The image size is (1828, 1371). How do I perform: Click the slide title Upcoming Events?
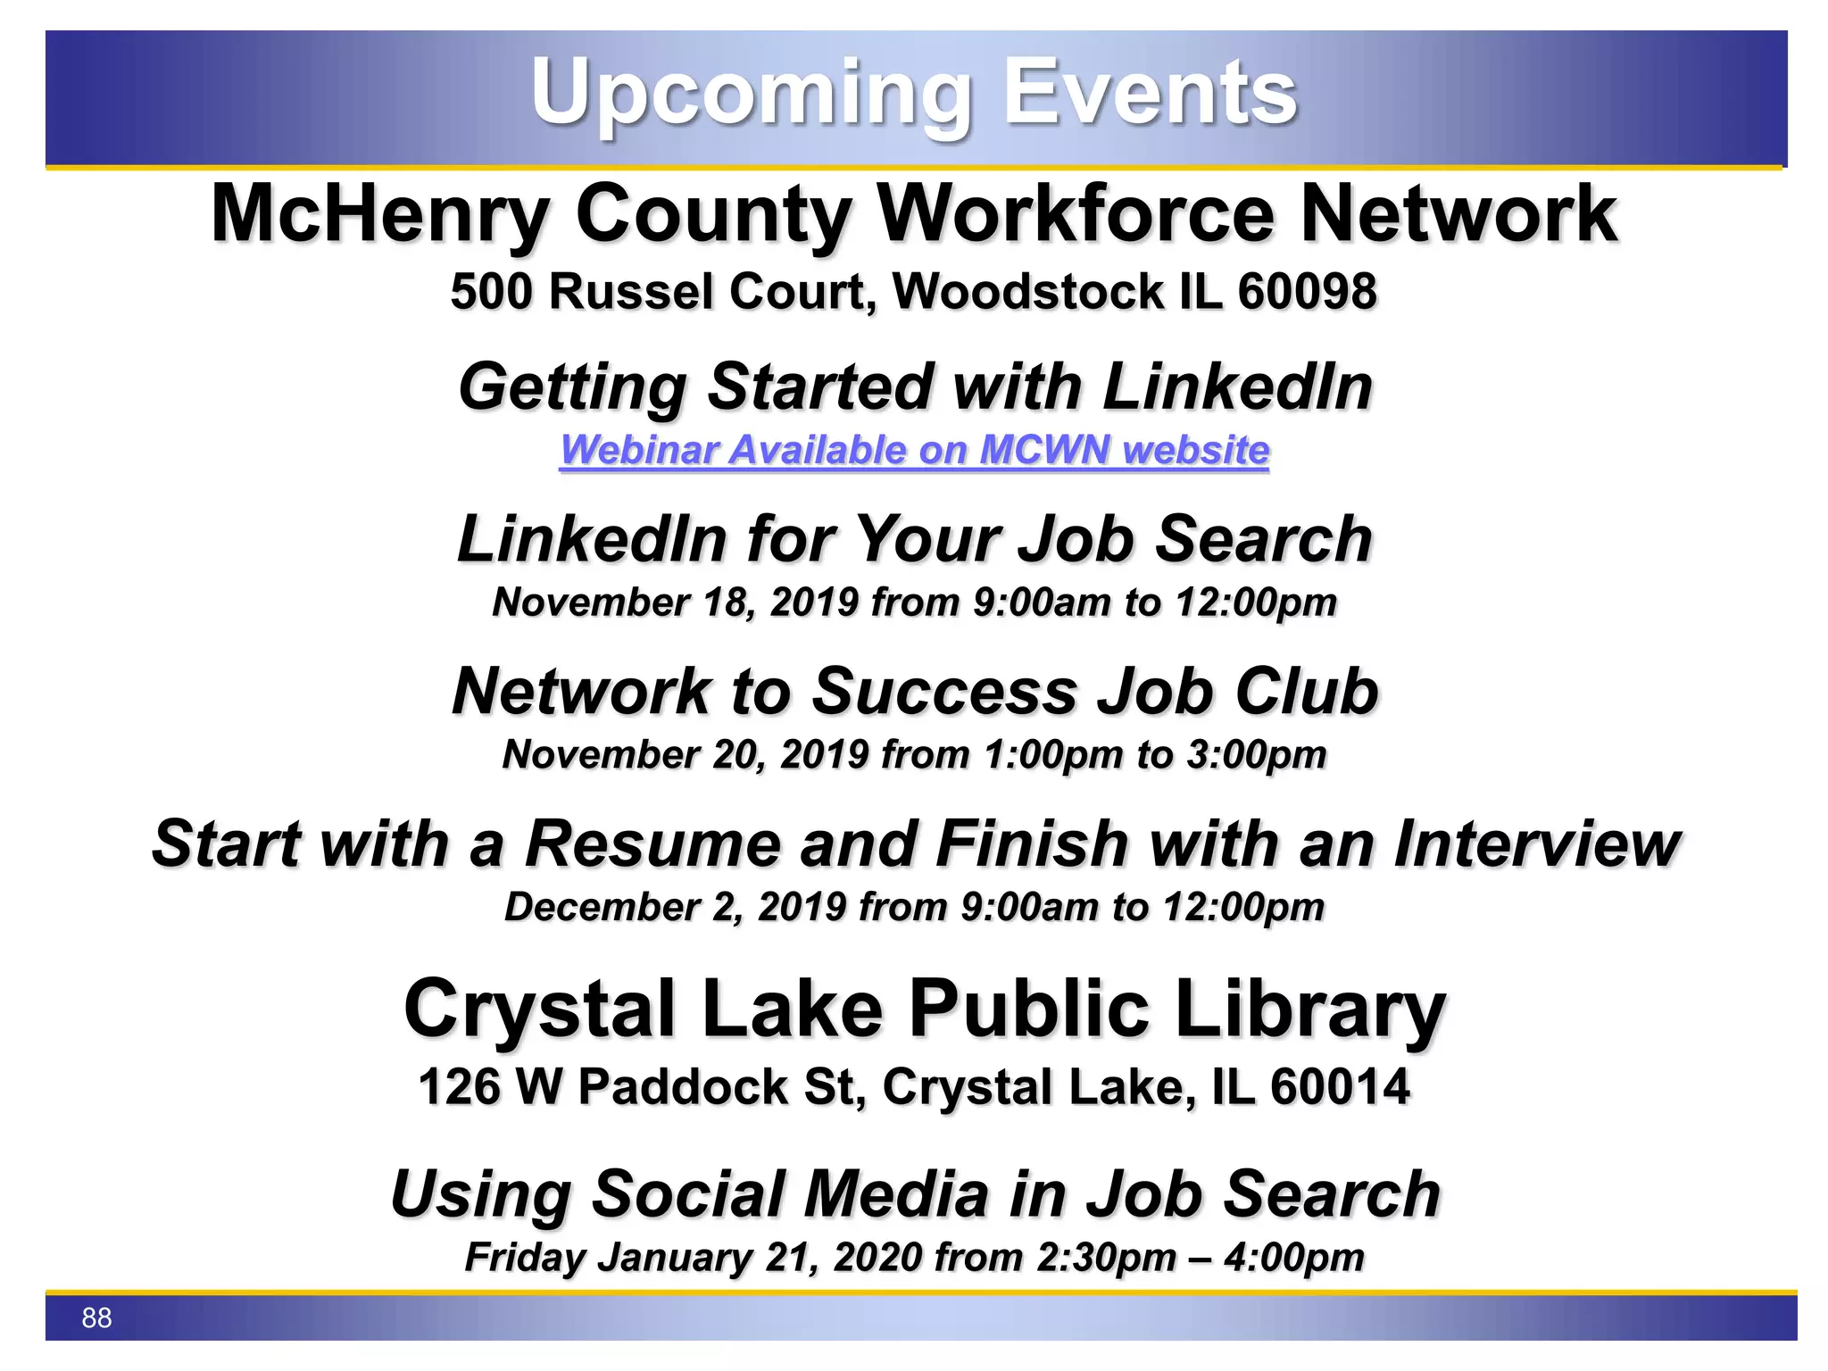[913, 92]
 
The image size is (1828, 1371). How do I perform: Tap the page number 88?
[96, 1317]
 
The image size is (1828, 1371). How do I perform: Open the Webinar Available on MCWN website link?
[914, 450]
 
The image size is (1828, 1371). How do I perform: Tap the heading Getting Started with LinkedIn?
[915, 387]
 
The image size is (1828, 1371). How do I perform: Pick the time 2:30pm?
[1106, 1258]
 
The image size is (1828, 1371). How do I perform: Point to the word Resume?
[652, 844]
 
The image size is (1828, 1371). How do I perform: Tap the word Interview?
[1536, 844]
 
